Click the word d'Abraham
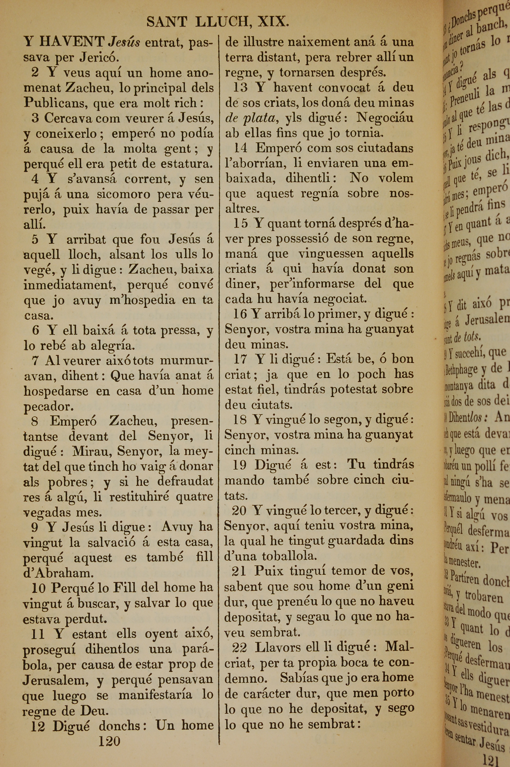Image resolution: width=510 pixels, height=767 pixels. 58,573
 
